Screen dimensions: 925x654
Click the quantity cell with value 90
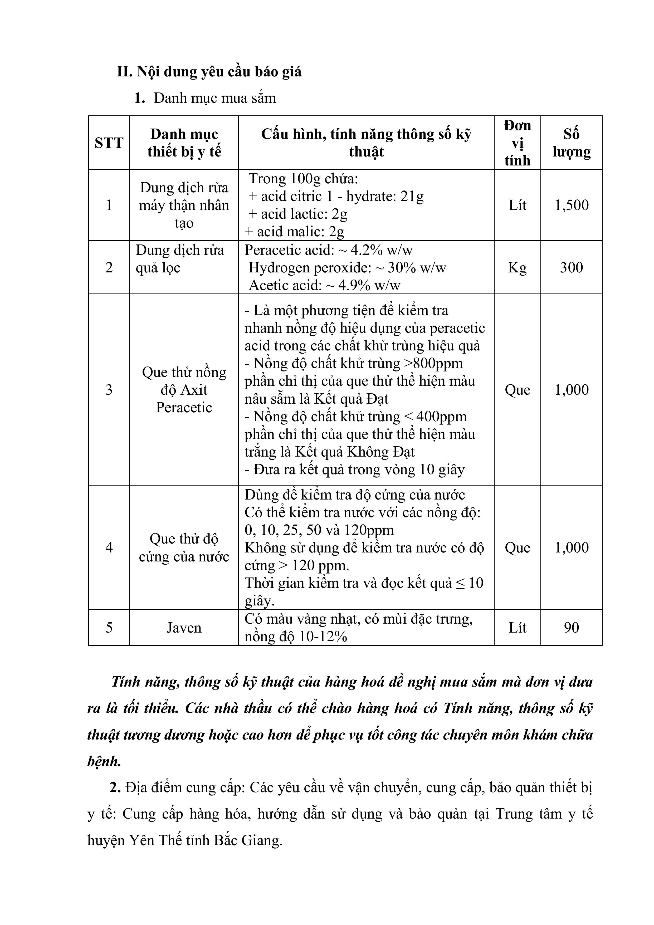[x=572, y=628]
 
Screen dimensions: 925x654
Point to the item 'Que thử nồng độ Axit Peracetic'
[x=184, y=390]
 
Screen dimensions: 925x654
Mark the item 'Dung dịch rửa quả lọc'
[x=179, y=259]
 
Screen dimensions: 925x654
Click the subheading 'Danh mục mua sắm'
[x=215, y=98]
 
